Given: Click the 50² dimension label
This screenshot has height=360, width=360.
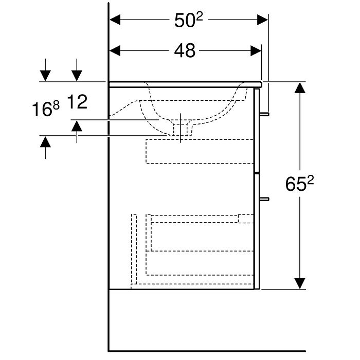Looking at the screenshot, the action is pyautogui.click(x=189, y=20).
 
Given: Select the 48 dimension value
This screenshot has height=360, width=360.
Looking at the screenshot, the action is pyautogui.click(x=185, y=51).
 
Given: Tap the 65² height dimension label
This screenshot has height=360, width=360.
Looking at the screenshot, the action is pyautogui.click(x=299, y=184).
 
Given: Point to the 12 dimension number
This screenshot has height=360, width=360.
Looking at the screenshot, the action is pyautogui.click(x=77, y=102).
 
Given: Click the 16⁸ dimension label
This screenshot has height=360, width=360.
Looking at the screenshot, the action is pyautogui.click(x=46, y=109).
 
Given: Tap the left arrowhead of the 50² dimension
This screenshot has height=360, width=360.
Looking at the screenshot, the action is pyautogui.click(x=115, y=20).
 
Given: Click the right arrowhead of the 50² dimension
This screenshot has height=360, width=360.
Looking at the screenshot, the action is pyautogui.click(x=262, y=20).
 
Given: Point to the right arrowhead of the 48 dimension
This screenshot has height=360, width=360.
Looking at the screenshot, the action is pyautogui.click(x=256, y=51).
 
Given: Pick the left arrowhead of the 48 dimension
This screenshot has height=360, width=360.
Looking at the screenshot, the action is pyautogui.click(x=115, y=51).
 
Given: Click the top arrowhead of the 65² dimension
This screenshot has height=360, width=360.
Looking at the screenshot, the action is pyautogui.click(x=300, y=88).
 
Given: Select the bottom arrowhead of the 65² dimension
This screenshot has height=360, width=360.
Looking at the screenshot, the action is pyautogui.click(x=300, y=283).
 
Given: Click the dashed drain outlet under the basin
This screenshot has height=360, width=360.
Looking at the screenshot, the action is pyautogui.click(x=181, y=130).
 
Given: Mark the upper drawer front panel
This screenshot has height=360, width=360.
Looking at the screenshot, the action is pyautogui.click(x=257, y=130).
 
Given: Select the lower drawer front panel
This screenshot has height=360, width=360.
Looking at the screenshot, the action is pyautogui.click(x=257, y=231).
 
